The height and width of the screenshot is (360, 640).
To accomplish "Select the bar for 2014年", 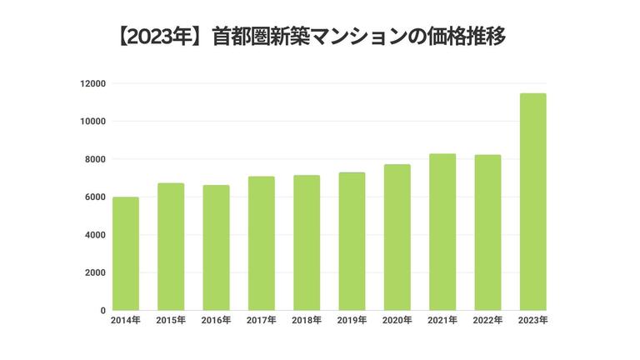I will click(x=125, y=254).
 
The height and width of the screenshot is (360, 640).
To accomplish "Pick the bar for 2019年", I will click(x=352, y=242).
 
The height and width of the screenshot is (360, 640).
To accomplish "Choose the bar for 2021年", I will click(x=442, y=232).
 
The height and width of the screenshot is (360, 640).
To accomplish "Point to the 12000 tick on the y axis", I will click(x=93, y=83).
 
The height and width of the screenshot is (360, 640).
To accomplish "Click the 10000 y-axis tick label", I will click(x=93, y=122).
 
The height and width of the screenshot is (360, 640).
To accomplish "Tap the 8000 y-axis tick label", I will click(x=96, y=159).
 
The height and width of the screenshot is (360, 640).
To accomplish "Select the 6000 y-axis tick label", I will click(x=96, y=197).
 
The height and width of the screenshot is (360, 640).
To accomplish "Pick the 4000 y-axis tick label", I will click(x=96, y=235).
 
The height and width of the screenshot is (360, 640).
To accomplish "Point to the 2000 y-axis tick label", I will click(x=96, y=273).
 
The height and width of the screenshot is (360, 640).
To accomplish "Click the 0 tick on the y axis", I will click(x=102, y=311).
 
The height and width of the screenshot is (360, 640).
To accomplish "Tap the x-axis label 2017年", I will click(x=261, y=321).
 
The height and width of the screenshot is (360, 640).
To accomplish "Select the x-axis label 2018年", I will click(x=307, y=321).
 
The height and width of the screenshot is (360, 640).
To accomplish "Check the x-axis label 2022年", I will click(x=487, y=321).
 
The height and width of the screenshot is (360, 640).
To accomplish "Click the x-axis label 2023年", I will click(x=532, y=321).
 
